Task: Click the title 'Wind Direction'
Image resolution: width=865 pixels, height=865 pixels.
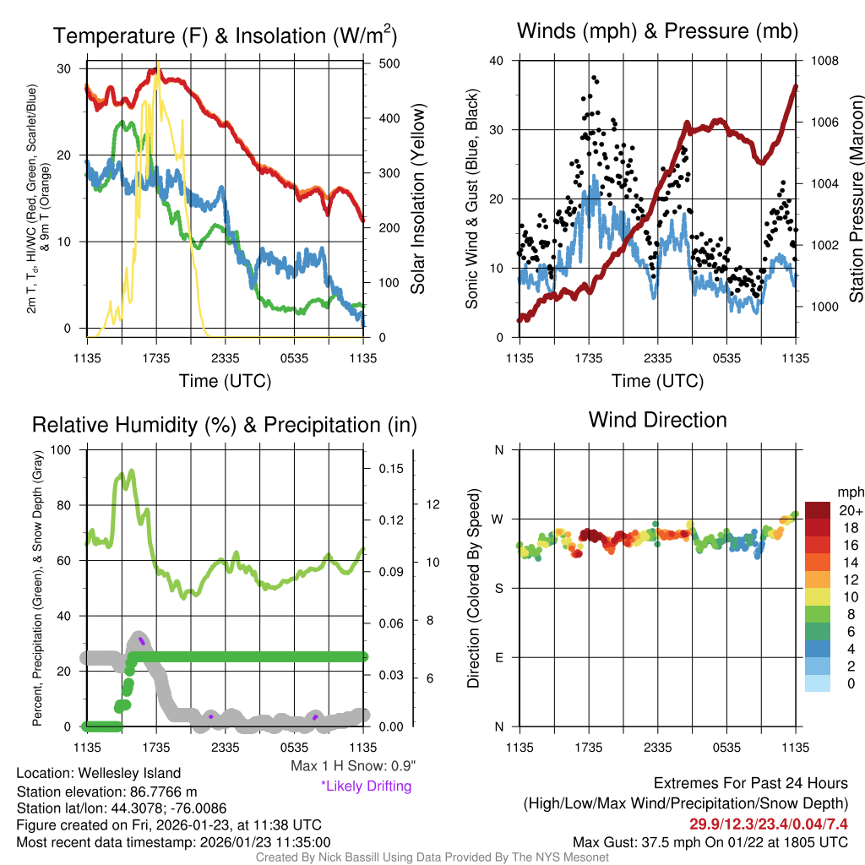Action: [x=657, y=420]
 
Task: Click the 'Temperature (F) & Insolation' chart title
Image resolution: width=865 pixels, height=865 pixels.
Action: [x=225, y=35]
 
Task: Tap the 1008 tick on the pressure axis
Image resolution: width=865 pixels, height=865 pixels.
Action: [x=824, y=61]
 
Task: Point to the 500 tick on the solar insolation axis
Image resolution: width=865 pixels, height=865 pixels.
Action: [x=382, y=64]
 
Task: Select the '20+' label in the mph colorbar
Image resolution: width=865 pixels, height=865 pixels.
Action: [x=851, y=510]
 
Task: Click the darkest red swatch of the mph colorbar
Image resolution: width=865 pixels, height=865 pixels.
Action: [x=818, y=509]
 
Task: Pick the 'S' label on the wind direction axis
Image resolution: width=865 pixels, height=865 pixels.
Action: [x=499, y=588]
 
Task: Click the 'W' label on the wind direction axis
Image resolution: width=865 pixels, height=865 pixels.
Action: [x=498, y=519]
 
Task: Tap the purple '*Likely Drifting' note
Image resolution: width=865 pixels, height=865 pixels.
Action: [x=366, y=786]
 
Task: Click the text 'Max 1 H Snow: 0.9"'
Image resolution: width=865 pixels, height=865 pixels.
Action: [x=352, y=766]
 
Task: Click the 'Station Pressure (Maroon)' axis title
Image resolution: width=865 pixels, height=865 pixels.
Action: [x=855, y=199]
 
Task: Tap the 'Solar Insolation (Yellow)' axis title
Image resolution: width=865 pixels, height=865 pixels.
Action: [x=418, y=199]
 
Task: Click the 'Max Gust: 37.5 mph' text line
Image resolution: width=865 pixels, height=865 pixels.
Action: [x=710, y=842]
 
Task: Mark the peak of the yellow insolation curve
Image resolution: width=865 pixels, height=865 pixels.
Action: [x=157, y=64]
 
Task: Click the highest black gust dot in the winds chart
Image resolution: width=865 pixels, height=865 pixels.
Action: [x=595, y=78]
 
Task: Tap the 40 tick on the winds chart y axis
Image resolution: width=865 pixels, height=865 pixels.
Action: [x=497, y=61]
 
